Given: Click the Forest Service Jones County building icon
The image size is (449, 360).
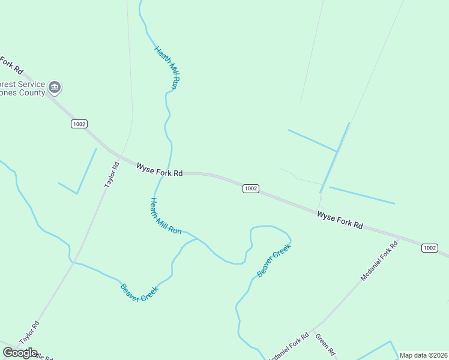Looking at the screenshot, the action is [x=55, y=88].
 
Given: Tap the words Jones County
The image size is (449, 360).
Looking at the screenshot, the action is [x=23, y=93].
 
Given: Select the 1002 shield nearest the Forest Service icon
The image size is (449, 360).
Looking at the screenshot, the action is [x=79, y=124].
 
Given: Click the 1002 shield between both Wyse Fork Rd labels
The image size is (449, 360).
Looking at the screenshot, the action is [x=251, y=188].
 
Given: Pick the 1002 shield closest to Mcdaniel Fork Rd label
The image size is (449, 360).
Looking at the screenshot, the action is [x=429, y=248].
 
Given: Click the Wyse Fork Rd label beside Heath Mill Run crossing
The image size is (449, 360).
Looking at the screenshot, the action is [x=159, y=170].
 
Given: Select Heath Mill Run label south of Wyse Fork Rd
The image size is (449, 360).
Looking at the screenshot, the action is [x=165, y=216].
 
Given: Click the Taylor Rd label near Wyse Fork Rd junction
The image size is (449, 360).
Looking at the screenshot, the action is [x=112, y=175].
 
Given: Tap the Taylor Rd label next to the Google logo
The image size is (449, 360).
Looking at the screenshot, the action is [x=29, y=333].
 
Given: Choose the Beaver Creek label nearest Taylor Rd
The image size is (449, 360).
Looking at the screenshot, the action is [x=139, y=292].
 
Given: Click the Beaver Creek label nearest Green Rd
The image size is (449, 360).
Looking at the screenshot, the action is [x=274, y=260].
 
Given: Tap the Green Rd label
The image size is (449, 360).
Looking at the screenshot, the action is [x=324, y=344].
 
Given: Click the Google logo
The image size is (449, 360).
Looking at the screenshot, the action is [x=20, y=352].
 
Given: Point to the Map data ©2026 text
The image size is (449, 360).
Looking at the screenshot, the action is [x=423, y=355].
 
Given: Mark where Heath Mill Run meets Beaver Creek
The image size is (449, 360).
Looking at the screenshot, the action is [x=197, y=239].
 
